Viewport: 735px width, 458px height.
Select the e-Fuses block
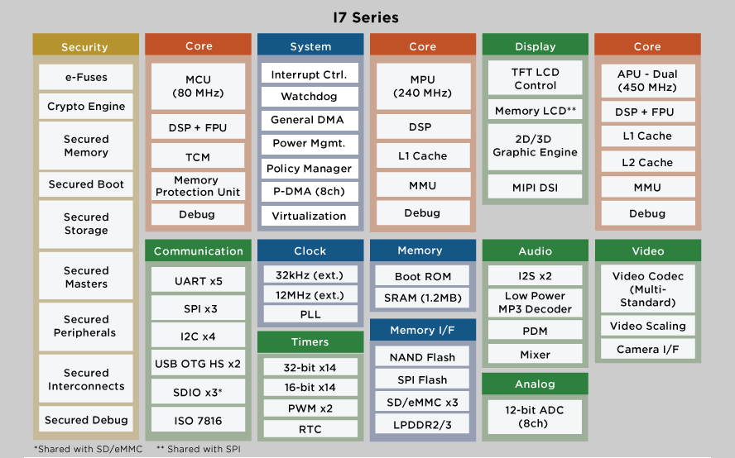[86, 78]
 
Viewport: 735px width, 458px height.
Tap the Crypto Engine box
[86, 107]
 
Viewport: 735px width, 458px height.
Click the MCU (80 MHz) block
[199, 86]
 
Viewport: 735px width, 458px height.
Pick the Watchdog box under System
[309, 97]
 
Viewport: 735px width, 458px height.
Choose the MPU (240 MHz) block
[422, 86]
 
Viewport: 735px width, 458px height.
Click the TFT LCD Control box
[536, 79]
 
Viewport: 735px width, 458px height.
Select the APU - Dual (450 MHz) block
[647, 80]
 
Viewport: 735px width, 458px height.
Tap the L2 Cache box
[647, 163]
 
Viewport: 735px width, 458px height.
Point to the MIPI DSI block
[536, 188]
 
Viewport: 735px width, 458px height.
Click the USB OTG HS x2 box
[199, 364]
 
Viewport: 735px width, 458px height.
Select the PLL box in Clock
[309, 315]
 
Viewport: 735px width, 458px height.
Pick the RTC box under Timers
[310, 429]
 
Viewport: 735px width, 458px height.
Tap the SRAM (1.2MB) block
[422, 298]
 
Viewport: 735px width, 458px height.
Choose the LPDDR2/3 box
[422, 425]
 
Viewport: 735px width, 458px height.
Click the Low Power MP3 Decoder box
[536, 303]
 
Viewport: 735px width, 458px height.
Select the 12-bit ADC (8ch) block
[536, 416]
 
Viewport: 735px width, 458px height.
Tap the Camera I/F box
[648, 350]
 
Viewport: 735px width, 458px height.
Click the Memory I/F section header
[422, 331]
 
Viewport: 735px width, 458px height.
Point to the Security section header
[85, 47]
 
